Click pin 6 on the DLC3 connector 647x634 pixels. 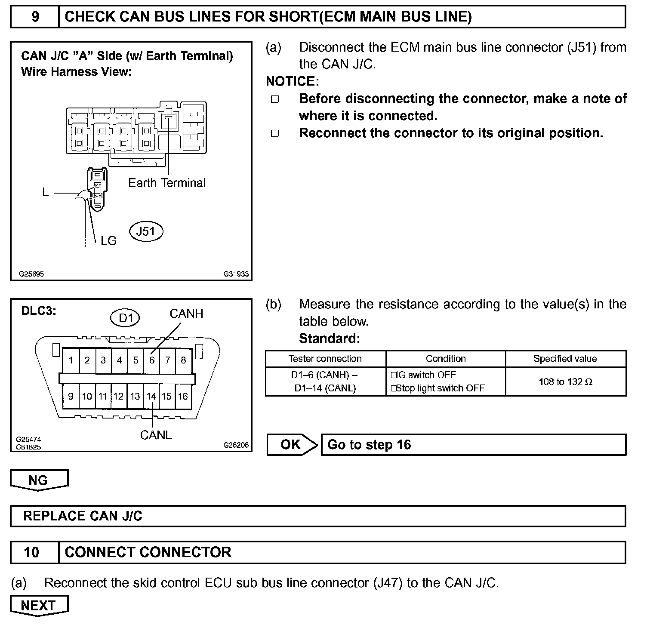tap(151, 360)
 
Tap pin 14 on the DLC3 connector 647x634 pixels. tap(151, 396)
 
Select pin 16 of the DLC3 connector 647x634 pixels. tap(183, 396)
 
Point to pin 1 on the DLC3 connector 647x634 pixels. tap(71, 360)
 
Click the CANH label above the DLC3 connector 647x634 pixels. tap(186, 314)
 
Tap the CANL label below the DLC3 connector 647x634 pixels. tap(156, 435)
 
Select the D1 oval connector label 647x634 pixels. tap(125, 318)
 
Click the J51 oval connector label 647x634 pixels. tap(146, 231)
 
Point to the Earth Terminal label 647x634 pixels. tap(167, 183)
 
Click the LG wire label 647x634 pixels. tap(108, 241)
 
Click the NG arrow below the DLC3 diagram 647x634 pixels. tap(39, 480)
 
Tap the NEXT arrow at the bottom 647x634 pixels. tap(39, 606)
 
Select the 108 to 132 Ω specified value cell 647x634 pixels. tap(565, 382)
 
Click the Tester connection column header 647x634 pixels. tap(325, 359)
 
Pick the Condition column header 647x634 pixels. tap(445, 359)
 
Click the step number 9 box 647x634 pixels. tap(35, 17)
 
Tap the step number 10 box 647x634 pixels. tap(32, 552)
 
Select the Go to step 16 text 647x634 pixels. tap(369, 444)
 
